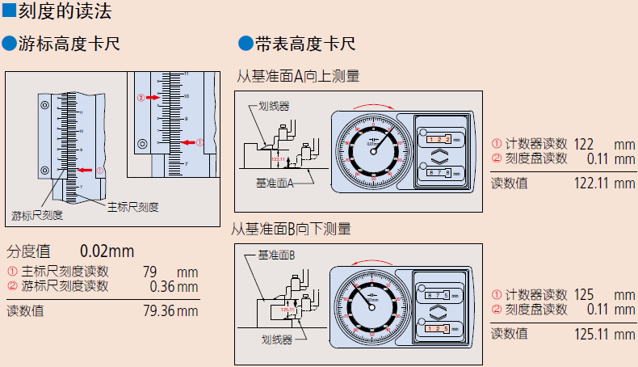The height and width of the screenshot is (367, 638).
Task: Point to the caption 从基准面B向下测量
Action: pyautogui.click(x=292, y=229)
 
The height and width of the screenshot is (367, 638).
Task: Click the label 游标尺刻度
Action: pyautogui.click(x=37, y=215)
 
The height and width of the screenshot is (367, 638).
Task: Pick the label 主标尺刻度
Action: pyautogui.click(x=133, y=207)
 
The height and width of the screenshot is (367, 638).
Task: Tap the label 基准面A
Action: pyautogui.click(x=274, y=183)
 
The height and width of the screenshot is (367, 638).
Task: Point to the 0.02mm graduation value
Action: pyautogui.click(x=107, y=251)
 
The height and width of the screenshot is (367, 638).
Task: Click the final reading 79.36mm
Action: pyautogui.click(x=170, y=310)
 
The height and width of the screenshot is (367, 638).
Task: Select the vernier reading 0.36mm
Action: pyautogui.click(x=174, y=286)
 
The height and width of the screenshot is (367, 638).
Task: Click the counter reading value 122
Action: pyautogui.click(x=585, y=144)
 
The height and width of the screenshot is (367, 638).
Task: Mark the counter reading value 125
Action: pyautogui.click(x=585, y=294)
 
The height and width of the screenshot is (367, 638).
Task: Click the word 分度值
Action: pyautogui.click(x=28, y=251)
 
